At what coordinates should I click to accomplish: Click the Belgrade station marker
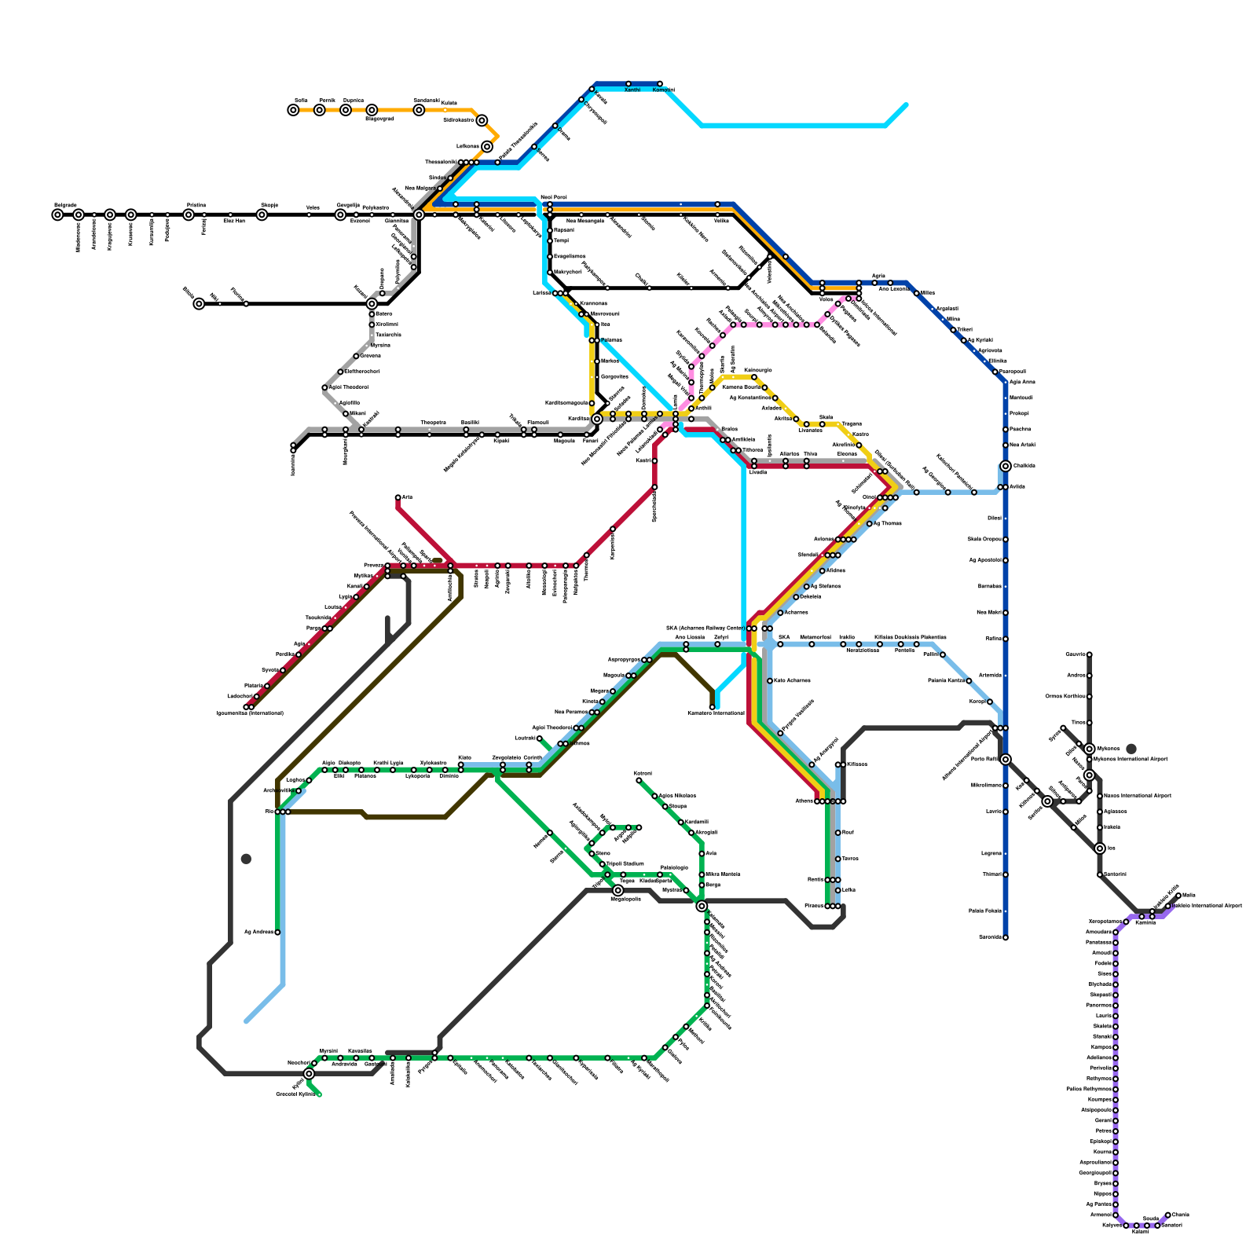click(x=57, y=214)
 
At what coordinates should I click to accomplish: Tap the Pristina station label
click(x=196, y=205)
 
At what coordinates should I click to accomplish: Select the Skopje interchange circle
click(x=262, y=214)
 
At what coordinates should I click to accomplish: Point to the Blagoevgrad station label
click(x=379, y=119)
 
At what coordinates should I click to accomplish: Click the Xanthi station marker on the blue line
click(x=628, y=83)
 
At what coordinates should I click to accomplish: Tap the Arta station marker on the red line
click(x=398, y=497)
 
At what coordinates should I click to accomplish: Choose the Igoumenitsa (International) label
click(x=250, y=713)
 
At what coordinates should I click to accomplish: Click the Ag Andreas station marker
click(x=277, y=933)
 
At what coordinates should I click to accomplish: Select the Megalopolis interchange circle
click(x=618, y=890)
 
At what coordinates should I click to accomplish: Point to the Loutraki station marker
click(x=540, y=738)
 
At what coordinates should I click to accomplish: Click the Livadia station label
click(x=757, y=472)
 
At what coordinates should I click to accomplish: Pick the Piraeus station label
click(x=814, y=906)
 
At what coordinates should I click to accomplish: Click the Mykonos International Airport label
click(x=1131, y=759)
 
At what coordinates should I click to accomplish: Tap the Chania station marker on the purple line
click(x=1167, y=1215)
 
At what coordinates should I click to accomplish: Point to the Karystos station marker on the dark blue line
click(x=1005, y=937)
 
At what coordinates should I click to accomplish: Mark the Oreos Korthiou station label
click(x=1065, y=696)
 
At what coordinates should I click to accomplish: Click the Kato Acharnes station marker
click(x=770, y=680)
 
